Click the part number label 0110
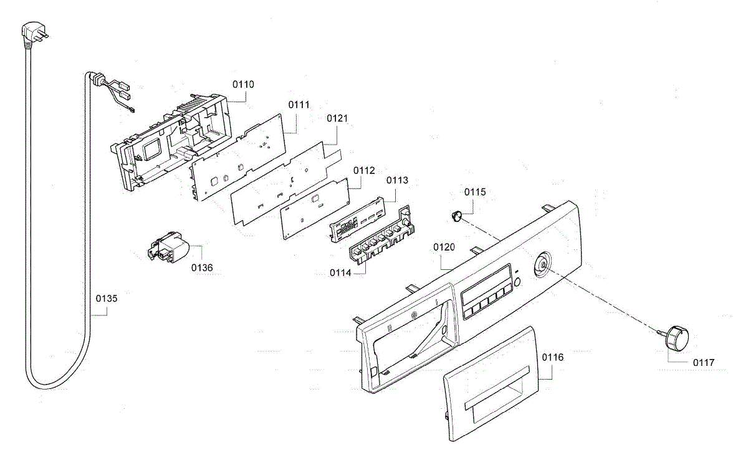tap(243, 84)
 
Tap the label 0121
tap(337, 118)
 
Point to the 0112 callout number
tap(364, 170)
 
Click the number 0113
tap(397, 181)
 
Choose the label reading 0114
tap(342, 273)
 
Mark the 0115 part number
tap(475, 192)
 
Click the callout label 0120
tap(444, 247)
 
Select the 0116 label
tap(553, 358)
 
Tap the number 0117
tap(704, 362)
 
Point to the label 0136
tap(202, 267)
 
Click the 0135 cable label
tap(106, 299)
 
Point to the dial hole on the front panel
tap(541, 264)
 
